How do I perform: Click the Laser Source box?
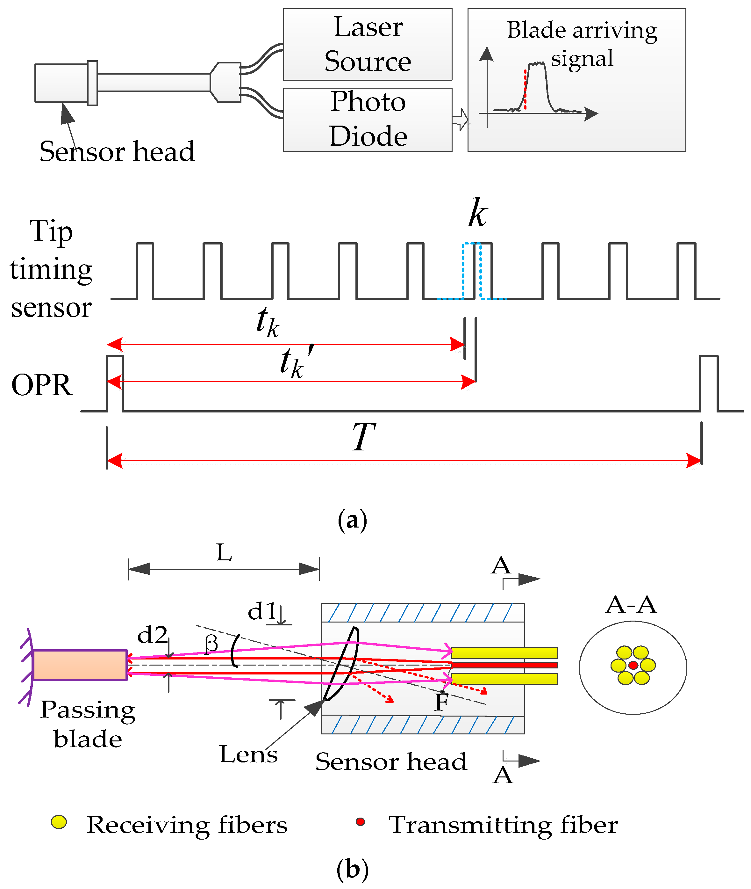[x=368, y=44]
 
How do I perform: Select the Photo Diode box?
[x=368, y=120]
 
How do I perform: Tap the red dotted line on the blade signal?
[x=526, y=90]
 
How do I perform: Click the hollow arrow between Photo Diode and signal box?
[x=460, y=120]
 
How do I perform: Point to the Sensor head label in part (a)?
[x=117, y=152]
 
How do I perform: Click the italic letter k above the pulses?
[x=478, y=213]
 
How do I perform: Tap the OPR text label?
[x=42, y=385]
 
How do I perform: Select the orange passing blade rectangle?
[x=80, y=665]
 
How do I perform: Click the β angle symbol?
[x=211, y=643]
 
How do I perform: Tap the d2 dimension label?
[x=153, y=635]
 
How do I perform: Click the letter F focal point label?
[x=441, y=702]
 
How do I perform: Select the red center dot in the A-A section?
[x=633, y=665]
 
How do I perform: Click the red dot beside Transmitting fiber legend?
[x=360, y=821]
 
